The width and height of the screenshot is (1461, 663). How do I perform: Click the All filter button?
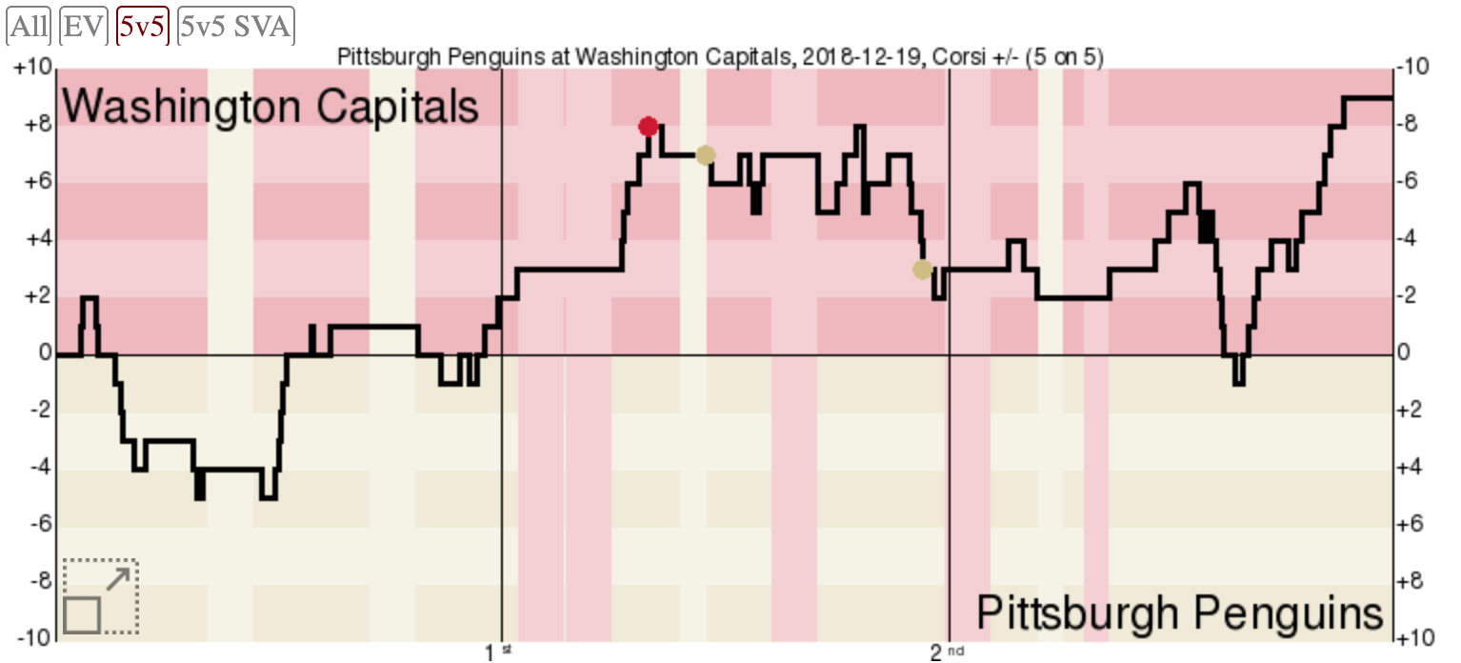click(x=29, y=27)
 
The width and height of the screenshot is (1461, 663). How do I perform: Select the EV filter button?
click(x=84, y=27)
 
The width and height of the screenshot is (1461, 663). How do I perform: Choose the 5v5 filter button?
click(x=142, y=27)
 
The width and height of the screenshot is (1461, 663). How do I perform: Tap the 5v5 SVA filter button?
click(x=235, y=27)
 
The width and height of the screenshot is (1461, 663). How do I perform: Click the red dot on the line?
click(x=649, y=127)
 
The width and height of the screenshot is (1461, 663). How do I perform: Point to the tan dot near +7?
click(x=705, y=155)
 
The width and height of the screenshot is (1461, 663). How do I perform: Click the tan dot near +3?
click(x=922, y=270)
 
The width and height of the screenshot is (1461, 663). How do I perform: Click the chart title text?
click(x=720, y=57)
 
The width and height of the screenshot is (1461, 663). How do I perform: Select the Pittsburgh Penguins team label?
click(x=1179, y=611)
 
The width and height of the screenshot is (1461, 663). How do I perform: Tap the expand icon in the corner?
click(x=101, y=597)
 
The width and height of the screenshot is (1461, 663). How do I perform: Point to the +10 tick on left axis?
click(x=32, y=69)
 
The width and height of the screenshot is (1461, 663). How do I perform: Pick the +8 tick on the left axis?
click(x=36, y=126)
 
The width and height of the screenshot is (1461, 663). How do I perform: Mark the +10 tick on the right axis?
click(x=1413, y=637)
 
